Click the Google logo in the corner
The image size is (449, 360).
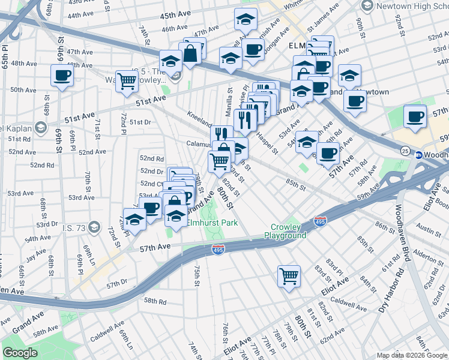tap(20, 353)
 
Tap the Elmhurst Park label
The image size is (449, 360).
tap(212, 223)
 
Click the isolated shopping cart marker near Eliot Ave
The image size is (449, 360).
tap(289, 277)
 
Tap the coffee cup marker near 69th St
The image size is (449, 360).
tap(62, 76)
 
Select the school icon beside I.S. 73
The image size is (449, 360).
tap(93, 227)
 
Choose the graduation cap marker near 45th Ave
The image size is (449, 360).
tap(246, 21)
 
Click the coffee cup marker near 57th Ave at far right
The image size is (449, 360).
tap(415, 116)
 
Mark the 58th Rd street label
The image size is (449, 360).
tap(154, 301)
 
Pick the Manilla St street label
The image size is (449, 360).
tap(229, 100)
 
